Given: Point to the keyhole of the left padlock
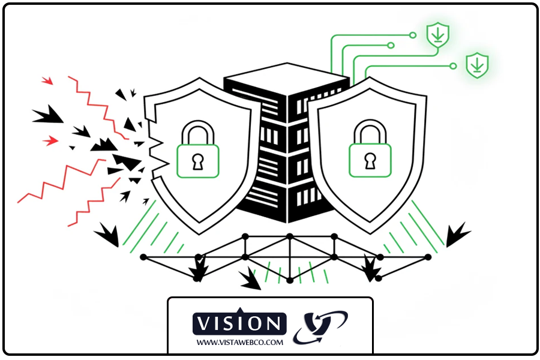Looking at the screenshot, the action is (x=197, y=162).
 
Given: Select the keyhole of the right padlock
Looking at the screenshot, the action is (x=370, y=161).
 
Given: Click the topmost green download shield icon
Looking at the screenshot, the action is (x=438, y=35).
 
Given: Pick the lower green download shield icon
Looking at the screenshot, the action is (x=478, y=65).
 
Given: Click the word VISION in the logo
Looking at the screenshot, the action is (x=239, y=324).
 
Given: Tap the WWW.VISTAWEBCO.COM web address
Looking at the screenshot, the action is (x=239, y=343).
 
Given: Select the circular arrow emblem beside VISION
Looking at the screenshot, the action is (x=320, y=327).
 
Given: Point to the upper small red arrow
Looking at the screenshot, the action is (x=47, y=80).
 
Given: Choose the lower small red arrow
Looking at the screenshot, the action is (x=50, y=140).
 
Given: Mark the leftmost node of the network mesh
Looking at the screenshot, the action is (x=143, y=257).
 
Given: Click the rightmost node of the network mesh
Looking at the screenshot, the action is (x=428, y=257).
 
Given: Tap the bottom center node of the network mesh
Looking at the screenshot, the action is (x=290, y=280).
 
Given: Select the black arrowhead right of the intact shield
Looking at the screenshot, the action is (x=457, y=234).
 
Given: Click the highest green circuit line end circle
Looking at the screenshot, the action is (x=413, y=35).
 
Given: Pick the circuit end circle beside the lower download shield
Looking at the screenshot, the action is (x=453, y=66).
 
